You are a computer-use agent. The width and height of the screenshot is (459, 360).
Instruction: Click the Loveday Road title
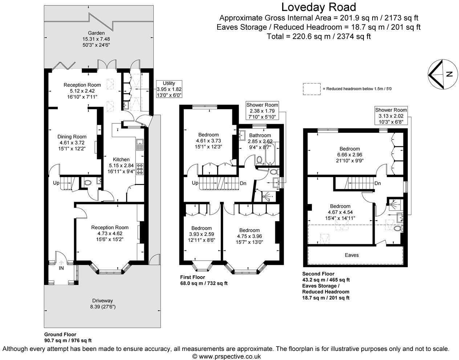point(319,7)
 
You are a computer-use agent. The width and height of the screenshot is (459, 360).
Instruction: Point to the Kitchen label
point(121,159)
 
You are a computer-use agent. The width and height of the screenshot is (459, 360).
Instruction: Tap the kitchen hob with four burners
point(140,169)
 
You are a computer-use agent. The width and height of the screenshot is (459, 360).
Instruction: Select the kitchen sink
point(140,145)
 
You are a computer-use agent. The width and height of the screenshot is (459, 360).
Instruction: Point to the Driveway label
point(102,300)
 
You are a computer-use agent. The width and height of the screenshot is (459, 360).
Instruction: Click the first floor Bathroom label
point(260,135)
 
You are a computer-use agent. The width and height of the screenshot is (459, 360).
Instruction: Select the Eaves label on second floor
point(352,255)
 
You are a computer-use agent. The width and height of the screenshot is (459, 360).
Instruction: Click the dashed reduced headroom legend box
point(311,89)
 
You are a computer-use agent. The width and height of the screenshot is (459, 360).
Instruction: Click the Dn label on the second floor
point(378,183)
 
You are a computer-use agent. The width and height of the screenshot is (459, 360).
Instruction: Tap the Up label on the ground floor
point(56,183)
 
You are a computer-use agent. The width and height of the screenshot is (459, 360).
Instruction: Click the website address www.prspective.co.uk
point(229,356)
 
